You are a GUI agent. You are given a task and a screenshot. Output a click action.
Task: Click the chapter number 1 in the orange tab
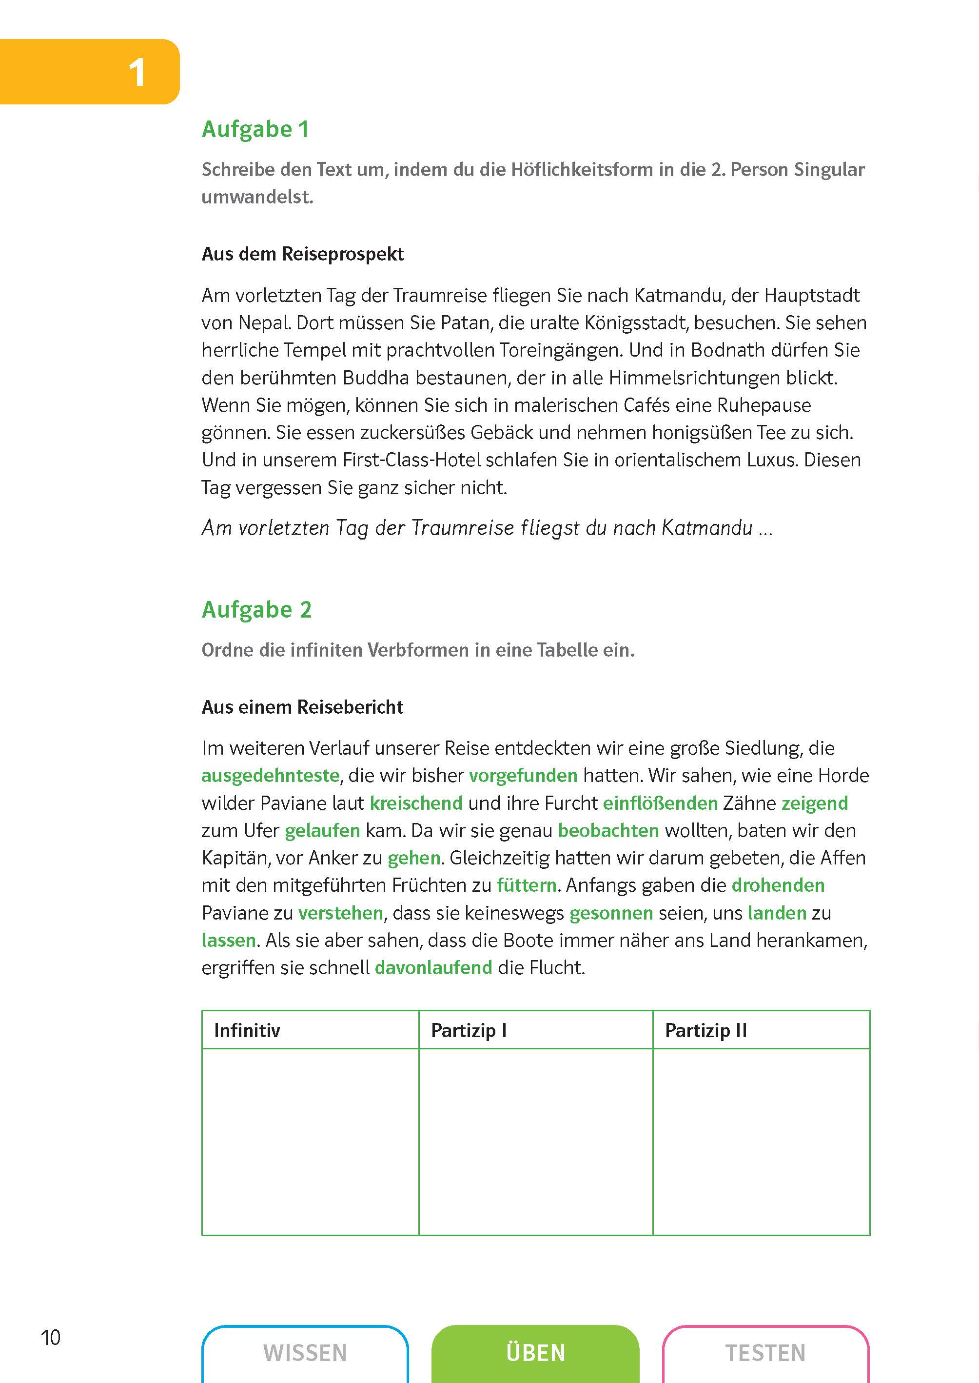tap(137, 73)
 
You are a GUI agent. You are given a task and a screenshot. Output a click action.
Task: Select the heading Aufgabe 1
tap(255, 129)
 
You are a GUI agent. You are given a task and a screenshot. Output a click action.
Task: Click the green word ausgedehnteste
tap(270, 776)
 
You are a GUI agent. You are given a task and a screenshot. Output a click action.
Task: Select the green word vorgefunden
tap(523, 776)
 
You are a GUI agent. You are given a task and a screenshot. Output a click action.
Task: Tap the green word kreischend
tap(416, 803)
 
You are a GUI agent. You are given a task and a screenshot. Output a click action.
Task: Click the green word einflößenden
tap(660, 803)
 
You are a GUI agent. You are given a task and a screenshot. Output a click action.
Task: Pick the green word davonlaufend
tap(433, 968)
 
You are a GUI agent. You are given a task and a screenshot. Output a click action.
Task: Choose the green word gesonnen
tap(611, 913)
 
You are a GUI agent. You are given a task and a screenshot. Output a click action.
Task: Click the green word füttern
tap(526, 885)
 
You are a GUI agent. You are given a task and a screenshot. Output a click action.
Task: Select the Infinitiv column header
tap(247, 1030)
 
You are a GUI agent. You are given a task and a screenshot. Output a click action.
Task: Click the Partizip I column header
tap(469, 1030)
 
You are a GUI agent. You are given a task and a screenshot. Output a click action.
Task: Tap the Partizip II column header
tap(705, 1030)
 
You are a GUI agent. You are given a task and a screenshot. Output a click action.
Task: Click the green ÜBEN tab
tap(535, 1353)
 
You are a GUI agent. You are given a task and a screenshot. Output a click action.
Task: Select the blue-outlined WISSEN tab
tap(305, 1353)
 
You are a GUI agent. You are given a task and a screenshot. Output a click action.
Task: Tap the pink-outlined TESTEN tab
tap(765, 1353)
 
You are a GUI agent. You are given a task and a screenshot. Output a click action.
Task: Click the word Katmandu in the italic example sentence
tap(706, 528)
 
